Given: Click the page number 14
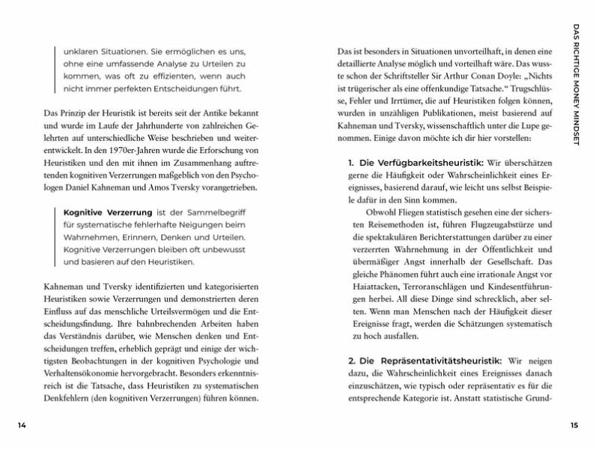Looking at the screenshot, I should (x=22, y=425).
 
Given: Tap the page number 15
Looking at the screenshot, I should (x=574, y=425).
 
